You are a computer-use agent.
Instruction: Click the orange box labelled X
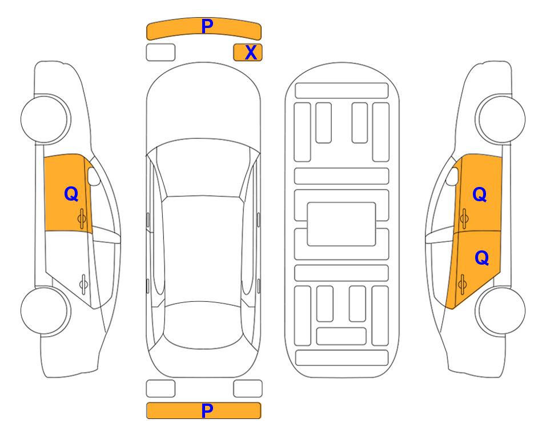point(248,53)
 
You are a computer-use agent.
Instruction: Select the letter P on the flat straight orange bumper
point(207,410)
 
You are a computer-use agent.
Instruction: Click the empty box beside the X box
point(160,53)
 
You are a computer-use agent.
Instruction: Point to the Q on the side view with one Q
point(71,194)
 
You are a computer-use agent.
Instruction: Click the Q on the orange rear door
point(482,258)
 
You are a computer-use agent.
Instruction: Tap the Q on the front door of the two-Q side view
point(480,194)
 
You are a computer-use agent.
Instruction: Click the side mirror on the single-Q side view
point(94,176)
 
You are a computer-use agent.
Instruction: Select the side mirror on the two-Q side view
point(452,176)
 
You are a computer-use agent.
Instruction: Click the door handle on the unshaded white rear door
point(83,284)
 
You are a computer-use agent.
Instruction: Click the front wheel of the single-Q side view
point(46,119)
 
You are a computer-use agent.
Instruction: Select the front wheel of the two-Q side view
point(500,119)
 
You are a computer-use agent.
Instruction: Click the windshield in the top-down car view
point(203,168)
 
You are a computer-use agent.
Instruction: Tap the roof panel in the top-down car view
point(203,250)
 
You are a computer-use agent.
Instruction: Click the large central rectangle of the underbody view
point(342,224)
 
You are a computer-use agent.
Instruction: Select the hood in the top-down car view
point(203,105)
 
